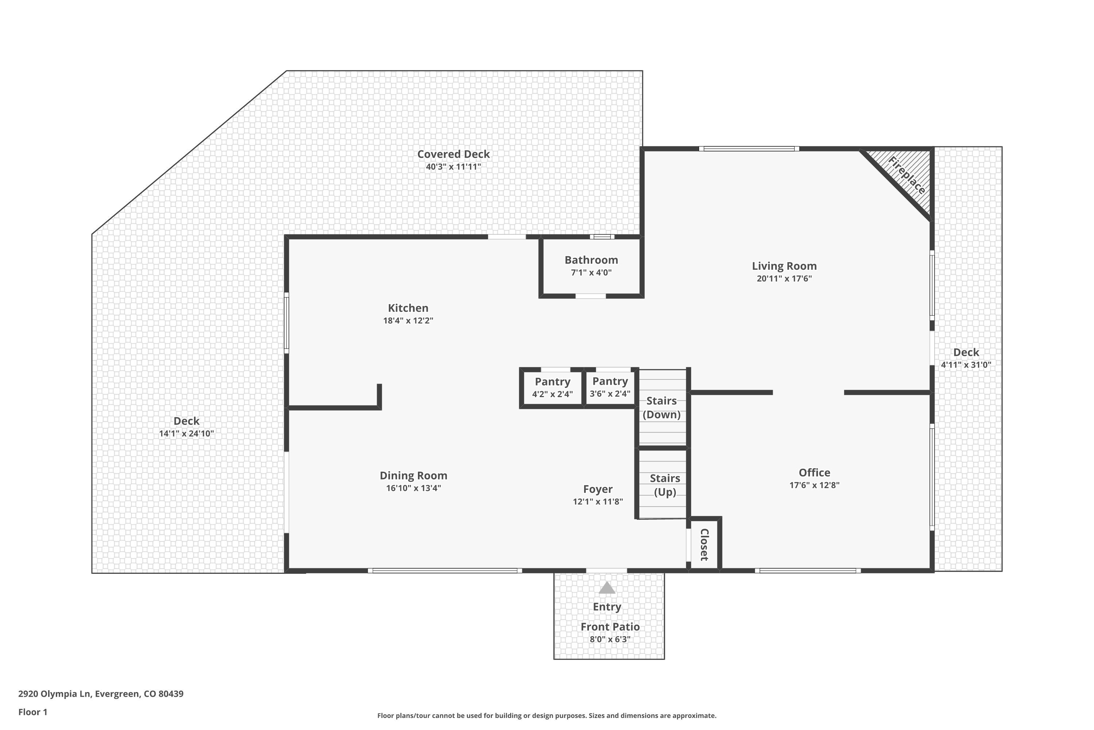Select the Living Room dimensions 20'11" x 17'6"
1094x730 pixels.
(x=784, y=279)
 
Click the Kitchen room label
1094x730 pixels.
(x=408, y=308)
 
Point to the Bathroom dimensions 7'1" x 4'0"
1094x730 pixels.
(x=591, y=273)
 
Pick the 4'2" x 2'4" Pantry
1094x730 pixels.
(x=552, y=388)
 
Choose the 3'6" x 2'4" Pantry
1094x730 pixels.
(x=610, y=387)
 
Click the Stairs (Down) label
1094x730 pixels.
(x=662, y=408)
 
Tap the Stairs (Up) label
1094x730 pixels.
(x=665, y=485)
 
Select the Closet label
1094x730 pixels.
(x=704, y=544)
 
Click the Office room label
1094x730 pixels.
(x=814, y=473)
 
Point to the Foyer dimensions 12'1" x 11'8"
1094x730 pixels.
(x=598, y=502)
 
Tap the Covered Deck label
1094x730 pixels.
(x=454, y=154)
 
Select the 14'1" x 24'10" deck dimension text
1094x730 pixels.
(x=186, y=434)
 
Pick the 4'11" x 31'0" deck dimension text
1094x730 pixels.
(x=966, y=365)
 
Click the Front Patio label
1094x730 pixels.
(x=610, y=627)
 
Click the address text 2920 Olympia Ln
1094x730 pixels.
(x=54, y=694)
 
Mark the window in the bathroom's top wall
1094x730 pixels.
(x=602, y=237)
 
